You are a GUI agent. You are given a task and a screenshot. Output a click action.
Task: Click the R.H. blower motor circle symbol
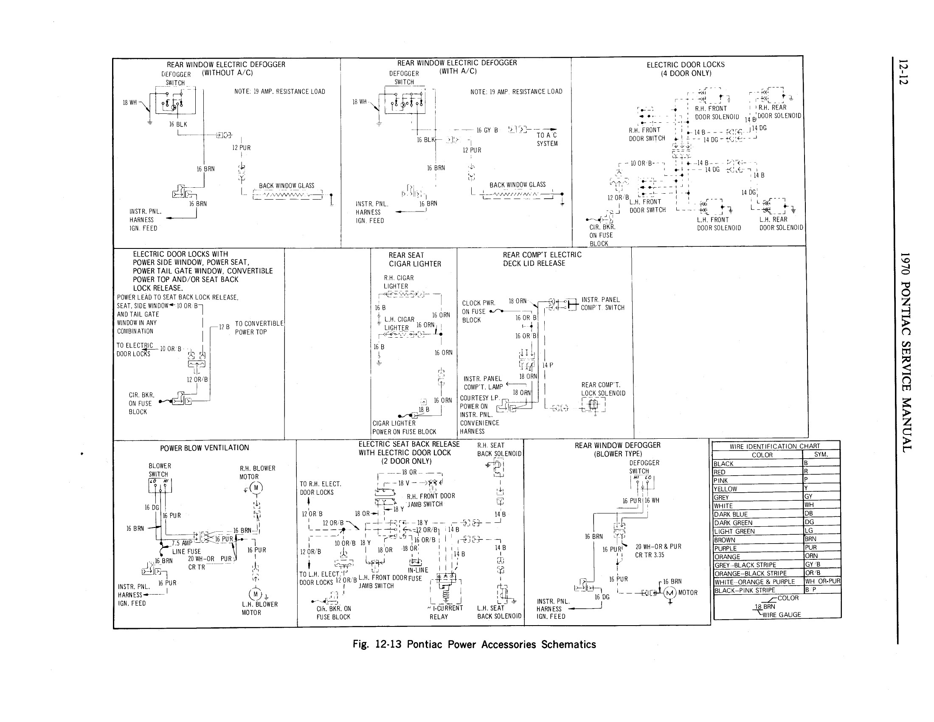point(256,488)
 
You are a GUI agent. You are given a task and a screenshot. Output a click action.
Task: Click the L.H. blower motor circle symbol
point(255,594)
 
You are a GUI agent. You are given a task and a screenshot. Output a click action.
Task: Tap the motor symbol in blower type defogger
point(670,593)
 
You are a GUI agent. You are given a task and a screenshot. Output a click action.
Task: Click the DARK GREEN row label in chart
point(734,523)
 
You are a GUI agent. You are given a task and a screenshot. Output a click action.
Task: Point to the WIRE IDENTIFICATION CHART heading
point(774,446)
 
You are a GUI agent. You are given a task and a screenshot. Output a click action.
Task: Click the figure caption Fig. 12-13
point(474,644)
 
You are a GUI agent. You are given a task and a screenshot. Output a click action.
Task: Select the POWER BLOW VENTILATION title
point(205,448)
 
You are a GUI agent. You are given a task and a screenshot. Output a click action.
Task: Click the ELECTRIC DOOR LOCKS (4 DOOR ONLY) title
point(686,69)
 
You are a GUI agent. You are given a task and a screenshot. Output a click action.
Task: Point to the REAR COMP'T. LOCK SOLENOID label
point(603,389)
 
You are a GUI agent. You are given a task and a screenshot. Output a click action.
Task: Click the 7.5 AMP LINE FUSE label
point(186,547)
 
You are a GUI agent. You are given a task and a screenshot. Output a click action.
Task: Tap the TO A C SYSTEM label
point(547,139)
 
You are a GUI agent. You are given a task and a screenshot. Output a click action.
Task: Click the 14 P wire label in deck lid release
point(547,365)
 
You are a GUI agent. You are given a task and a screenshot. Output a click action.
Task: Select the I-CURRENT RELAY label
point(446,612)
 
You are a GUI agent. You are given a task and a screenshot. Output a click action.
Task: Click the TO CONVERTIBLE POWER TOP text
point(259,327)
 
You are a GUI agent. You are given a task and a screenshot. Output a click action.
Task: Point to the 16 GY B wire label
point(487,130)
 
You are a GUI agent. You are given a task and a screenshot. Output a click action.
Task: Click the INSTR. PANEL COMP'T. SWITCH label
point(602,304)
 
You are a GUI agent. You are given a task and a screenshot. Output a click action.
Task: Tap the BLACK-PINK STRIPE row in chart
point(745,590)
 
